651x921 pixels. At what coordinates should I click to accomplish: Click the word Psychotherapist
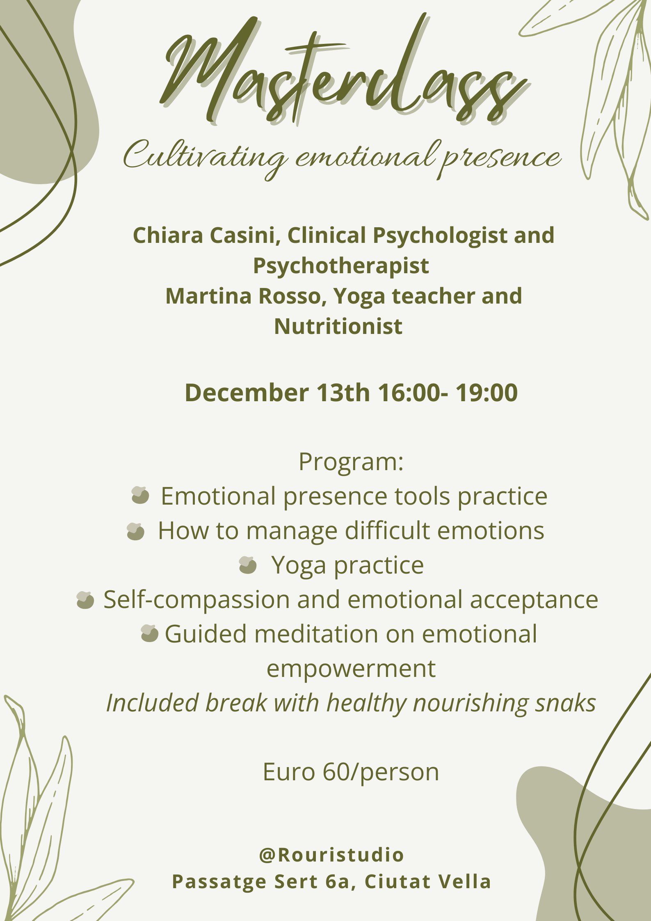pos(341,266)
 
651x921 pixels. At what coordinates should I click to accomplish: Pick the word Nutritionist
pos(338,327)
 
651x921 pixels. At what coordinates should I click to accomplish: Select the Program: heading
pos(351,462)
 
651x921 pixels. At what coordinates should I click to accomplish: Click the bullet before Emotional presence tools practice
pos(140,495)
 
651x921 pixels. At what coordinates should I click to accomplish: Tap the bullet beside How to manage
pos(136,532)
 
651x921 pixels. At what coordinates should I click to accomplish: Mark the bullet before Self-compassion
pos(85,600)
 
